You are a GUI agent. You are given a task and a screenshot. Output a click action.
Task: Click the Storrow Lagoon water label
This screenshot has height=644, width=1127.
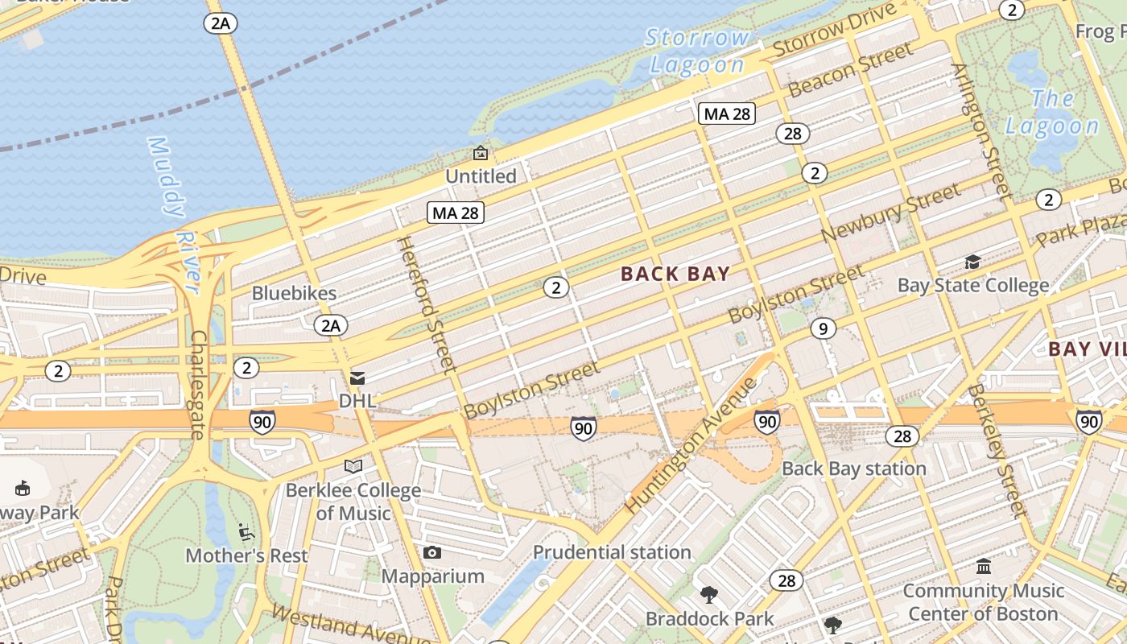pyautogui.click(x=697, y=51)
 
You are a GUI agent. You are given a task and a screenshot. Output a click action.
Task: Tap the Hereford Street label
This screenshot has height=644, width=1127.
pyautogui.click(x=426, y=305)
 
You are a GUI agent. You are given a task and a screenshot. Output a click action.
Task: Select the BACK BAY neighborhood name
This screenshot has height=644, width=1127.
pyautogui.click(x=675, y=274)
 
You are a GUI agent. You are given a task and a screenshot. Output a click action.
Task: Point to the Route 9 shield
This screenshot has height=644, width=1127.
pyautogui.click(x=822, y=328)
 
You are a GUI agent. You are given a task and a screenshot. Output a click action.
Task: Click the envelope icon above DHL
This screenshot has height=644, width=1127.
pyautogui.click(x=357, y=378)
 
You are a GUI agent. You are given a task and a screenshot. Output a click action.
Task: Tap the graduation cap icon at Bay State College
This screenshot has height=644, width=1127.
pyautogui.click(x=972, y=262)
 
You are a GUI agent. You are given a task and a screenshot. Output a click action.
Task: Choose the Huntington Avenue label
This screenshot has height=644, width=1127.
pyautogui.click(x=691, y=445)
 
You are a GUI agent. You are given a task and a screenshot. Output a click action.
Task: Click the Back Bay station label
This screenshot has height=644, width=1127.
pyautogui.click(x=853, y=469)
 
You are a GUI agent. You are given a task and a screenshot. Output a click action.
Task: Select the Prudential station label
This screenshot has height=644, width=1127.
pyautogui.click(x=612, y=552)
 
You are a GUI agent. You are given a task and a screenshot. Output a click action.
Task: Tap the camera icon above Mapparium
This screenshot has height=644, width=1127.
pyautogui.click(x=432, y=552)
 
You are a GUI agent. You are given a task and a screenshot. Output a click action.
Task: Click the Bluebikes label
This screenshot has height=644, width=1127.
pyautogui.click(x=294, y=293)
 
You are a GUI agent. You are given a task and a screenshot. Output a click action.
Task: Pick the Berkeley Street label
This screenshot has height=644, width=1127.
pyautogui.click(x=997, y=451)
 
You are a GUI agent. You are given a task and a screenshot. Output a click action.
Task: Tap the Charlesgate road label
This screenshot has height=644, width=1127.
pyautogui.click(x=197, y=385)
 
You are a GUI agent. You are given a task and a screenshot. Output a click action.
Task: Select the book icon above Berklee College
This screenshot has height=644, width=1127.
pyautogui.click(x=353, y=466)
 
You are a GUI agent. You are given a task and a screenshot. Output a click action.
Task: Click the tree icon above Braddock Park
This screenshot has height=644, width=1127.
pyautogui.click(x=709, y=595)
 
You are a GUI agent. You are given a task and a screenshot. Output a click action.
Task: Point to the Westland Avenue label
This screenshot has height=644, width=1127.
pyautogui.click(x=348, y=624)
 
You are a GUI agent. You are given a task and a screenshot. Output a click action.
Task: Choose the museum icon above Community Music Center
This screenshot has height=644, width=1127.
pyautogui.click(x=983, y=567)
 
